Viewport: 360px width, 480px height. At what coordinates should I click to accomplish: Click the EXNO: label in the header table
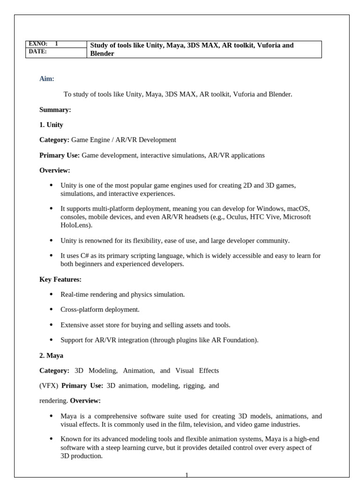pyautogui.click(x=38, y=44)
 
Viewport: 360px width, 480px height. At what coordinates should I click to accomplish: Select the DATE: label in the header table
pyautogui.click(x=38, y=52)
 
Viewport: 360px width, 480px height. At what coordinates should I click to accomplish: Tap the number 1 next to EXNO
pyautogui.click(x=56, y=44)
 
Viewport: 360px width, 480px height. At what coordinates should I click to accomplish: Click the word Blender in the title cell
pyautogui.click(x=102, y=53)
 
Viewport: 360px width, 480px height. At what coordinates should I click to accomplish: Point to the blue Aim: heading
pyautogui.click(x=47, y=79)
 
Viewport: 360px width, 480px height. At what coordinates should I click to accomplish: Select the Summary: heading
pyautogui.click(x=55, y=110)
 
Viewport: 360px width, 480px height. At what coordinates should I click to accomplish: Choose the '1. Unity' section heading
pyautogui.click(x=51, y=125)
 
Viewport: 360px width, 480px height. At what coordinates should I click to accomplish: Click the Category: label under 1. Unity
pyautogui.click(x=54, y=140)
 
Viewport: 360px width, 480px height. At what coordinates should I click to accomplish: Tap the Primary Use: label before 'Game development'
pyautogui.click(x=60, y=155)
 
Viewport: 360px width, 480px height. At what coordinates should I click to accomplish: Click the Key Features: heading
pyautogui.click(x=60, y=279)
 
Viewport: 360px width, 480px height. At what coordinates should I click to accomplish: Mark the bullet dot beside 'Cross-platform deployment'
pyautogui.click(x=51, y=309)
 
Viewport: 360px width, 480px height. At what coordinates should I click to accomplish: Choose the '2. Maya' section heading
pyautogui.click(x=51, y=355)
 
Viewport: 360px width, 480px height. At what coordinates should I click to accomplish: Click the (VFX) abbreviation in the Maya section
pyautogui.click(x=48, y=386)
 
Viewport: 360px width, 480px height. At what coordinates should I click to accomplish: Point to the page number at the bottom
pyautogui.click(x=187, y=475)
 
